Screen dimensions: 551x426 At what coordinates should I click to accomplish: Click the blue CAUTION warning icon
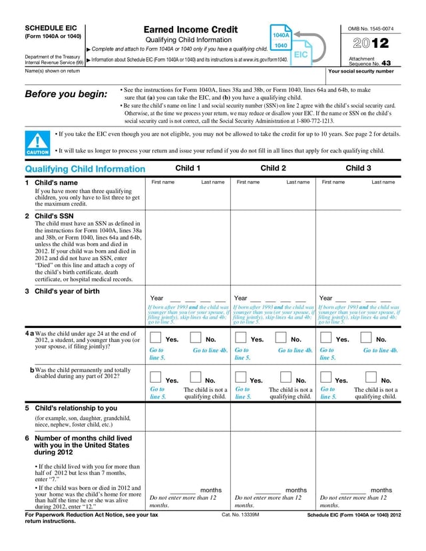(37, 143)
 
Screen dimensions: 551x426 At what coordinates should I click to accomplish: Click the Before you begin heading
(65, 94)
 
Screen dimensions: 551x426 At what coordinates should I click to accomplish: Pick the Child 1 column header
(188, 168)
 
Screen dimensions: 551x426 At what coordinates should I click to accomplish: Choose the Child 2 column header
(273, 168)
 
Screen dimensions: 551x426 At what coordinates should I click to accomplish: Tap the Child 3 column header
(358, 168)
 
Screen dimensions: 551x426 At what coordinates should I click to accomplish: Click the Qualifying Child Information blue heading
(85, 169)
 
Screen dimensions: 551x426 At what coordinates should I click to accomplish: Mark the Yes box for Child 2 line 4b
(241, 379)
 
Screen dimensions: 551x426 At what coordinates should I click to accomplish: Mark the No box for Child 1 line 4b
(196, 379)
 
